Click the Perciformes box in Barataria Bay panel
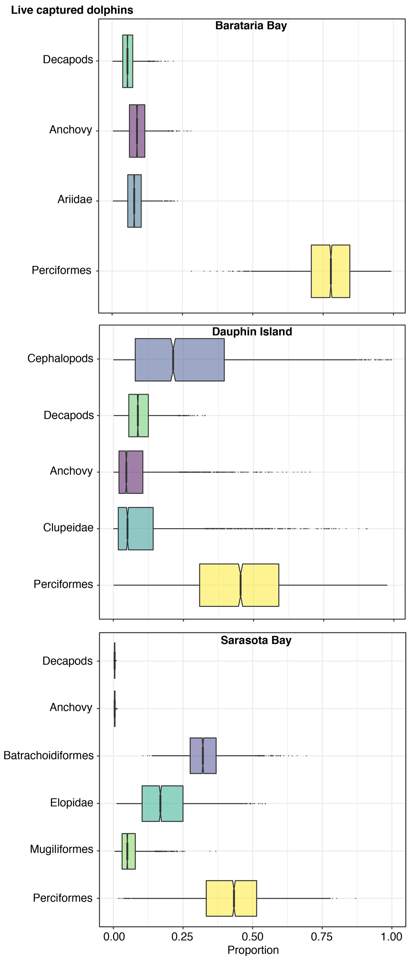[330, 271]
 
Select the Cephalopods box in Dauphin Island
[179, 360]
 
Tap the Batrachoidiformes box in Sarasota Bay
[203, 756]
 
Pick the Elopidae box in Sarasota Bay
[162, 804]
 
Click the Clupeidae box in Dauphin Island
[135, 528]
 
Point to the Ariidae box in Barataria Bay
[134, 201]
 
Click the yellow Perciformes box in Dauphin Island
[239, 585]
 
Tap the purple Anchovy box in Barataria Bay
[137, 131]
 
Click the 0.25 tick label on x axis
[182, 936]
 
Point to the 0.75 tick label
[322, 936]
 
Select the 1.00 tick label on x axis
[391, 936]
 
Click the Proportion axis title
[253, 950]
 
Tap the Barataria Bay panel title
[251, 26]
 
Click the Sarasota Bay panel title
[256, 640]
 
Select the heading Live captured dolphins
[72, 10]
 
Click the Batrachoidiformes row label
[49, 755]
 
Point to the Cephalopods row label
[60, 359]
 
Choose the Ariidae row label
[75, 200]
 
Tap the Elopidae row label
[72, 803]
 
